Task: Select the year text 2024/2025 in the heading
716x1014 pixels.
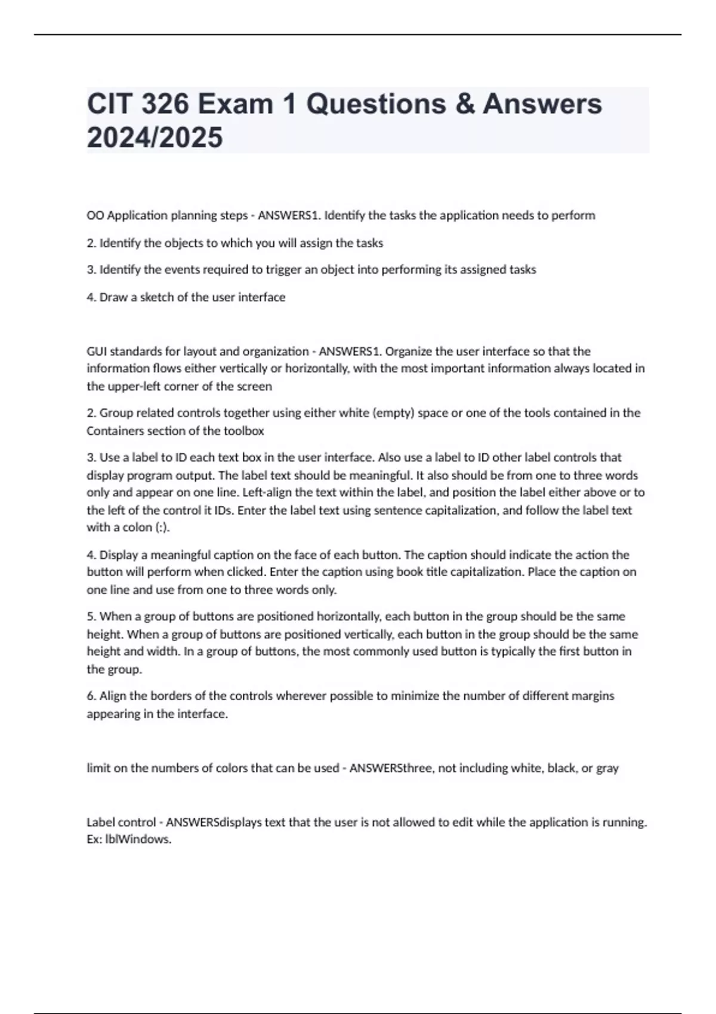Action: tap(155, 137)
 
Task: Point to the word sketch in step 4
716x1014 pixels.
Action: tap(156, 297)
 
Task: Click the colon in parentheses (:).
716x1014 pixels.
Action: tap(162, 527)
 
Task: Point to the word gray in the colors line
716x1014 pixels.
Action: tap(607, 768)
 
